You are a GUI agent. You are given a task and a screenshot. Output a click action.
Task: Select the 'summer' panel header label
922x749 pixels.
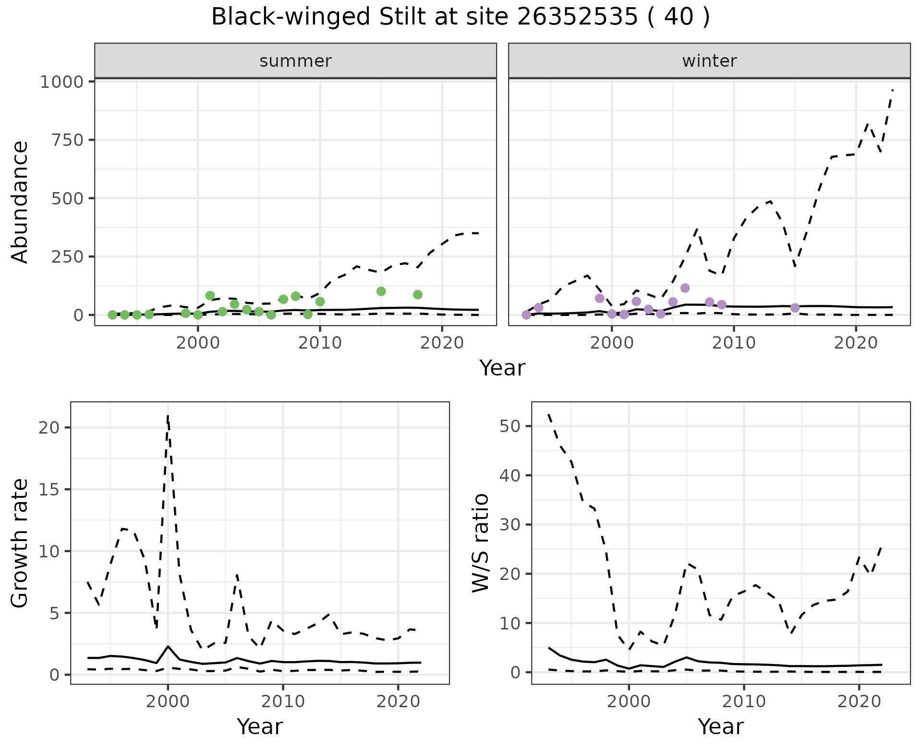pos(295,61)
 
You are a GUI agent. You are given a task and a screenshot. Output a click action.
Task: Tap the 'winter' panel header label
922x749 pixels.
pos(709,61)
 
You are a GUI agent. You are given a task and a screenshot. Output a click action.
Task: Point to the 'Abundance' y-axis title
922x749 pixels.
pos(20,202)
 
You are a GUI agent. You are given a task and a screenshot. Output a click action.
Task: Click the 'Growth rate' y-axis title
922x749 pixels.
pos(20,544)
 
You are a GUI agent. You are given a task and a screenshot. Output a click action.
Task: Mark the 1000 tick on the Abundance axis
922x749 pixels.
pos(62,82)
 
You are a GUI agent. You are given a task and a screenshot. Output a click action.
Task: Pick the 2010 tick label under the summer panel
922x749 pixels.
pos(320,343)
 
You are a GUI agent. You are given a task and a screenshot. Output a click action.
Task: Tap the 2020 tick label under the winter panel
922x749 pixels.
pos(856,343)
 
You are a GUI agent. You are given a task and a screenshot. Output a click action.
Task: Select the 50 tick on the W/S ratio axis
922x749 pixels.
pos(510,426)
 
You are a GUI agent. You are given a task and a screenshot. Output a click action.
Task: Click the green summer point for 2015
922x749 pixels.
pos(381,291)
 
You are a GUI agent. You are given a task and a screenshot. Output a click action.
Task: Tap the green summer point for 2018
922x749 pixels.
pos(418,295)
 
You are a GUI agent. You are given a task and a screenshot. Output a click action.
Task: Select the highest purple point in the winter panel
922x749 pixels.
pos(685,288)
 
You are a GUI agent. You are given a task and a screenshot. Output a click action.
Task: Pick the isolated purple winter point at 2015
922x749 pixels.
pos(795,308)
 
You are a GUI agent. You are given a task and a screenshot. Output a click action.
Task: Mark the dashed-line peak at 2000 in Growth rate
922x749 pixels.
pos(168,416)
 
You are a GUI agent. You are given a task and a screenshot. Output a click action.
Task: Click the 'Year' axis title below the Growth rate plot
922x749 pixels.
pos(260,726)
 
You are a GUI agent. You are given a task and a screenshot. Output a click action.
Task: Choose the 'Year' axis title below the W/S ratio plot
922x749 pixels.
pos(721,726)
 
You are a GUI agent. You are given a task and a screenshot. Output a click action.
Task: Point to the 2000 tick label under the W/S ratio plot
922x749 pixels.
pos(629,701)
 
